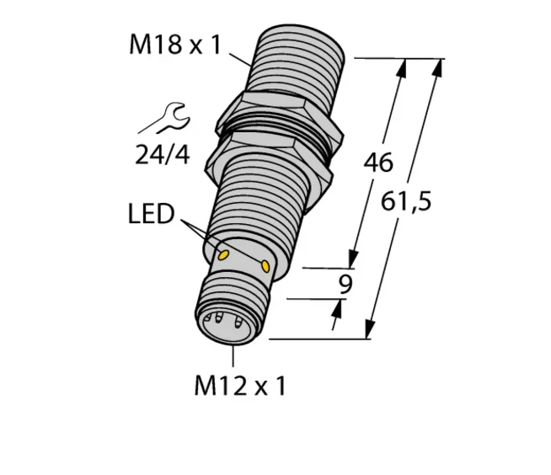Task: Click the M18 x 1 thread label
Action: tap(174, 45)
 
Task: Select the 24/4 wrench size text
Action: tap(162, 154)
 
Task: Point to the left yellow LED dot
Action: tap(224, 254)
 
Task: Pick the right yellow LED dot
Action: tap(267, 267)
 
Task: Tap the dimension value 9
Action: tap(345, 285)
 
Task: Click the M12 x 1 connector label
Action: tap(239, 386)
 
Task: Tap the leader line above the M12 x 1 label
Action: tap(233, 355)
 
